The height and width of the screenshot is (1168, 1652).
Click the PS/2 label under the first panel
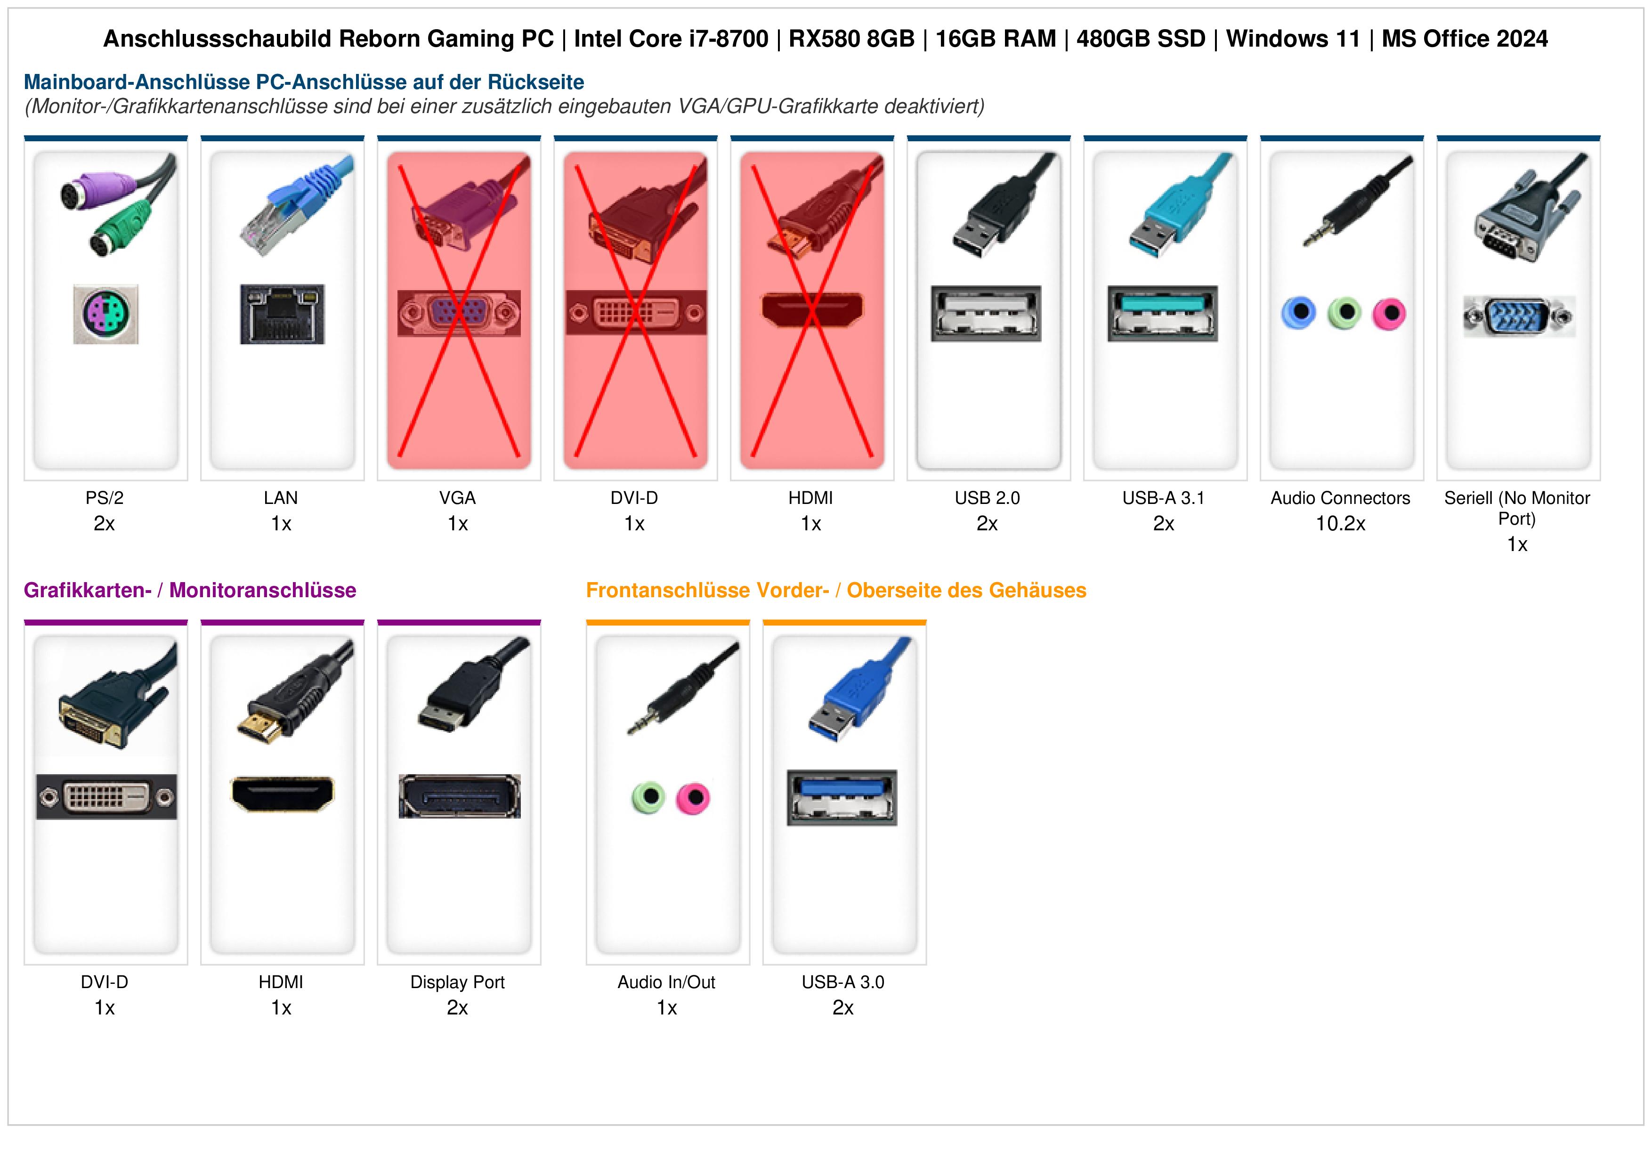coord(105,498)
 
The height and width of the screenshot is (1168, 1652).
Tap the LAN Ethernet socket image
coord(282,314)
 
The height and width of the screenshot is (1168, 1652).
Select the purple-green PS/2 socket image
coord(106,314)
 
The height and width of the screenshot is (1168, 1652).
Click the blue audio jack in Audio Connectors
coord(1299,313)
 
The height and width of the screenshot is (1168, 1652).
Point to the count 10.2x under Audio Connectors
coord(1340,524)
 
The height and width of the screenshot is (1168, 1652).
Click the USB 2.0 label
coord(987,498)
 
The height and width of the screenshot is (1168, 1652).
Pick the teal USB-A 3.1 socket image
coord(1163,314)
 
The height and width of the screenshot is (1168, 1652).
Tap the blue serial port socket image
coord(1519,316)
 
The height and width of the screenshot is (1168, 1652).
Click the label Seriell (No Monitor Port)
coord(1517,508)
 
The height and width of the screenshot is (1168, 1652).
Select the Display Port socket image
coord(460,796)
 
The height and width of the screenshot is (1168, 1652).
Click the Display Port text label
coord(458,982)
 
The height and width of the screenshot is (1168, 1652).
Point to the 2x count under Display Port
coord(458,1008)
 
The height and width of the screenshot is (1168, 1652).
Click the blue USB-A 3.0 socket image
coord(842,797)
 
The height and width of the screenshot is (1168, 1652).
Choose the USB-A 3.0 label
coord(842,982)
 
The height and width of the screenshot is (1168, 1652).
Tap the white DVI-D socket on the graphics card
coord(106,797)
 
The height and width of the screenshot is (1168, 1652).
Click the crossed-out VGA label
coord(458,498)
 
